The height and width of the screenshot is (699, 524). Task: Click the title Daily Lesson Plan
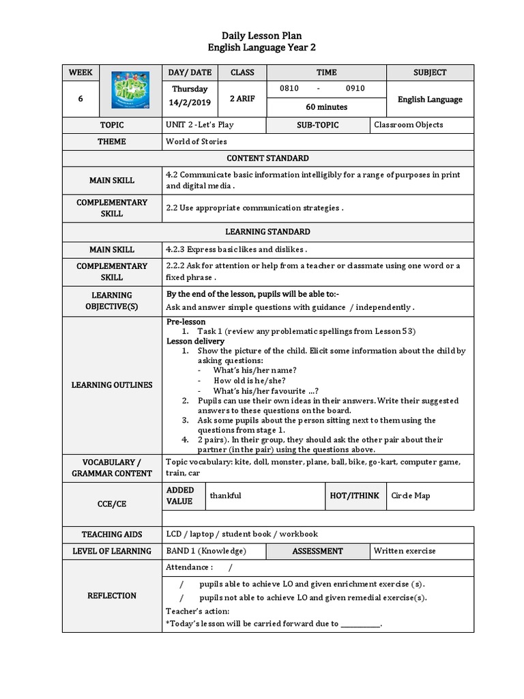pos(261,35)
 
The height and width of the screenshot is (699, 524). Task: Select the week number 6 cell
pos(81,99)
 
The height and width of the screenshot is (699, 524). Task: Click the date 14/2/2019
pos(191,102)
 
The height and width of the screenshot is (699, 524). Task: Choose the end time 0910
pos(355,89)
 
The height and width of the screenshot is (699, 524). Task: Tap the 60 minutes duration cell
pos(326,107)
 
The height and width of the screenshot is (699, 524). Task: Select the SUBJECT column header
pos(430,72)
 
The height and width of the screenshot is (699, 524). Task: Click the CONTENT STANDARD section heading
pos(267,158)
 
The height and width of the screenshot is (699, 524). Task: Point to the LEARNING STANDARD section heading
pos(267,232)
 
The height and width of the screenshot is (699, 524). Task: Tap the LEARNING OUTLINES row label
pos(112,385)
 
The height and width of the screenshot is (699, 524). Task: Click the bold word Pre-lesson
pos(186,322)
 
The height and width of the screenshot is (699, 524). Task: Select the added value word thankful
pos(225,496)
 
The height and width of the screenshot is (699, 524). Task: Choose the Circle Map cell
pos(411,496)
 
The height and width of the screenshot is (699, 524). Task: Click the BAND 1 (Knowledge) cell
pos(206,551)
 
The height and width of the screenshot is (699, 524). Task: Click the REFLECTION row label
pos(112,596)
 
